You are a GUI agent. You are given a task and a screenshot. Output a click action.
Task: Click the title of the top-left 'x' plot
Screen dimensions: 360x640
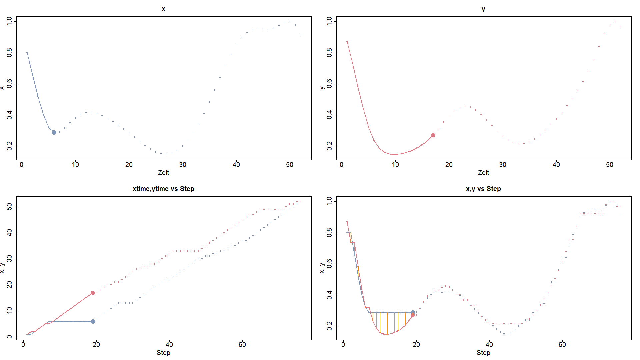tap(163, 9)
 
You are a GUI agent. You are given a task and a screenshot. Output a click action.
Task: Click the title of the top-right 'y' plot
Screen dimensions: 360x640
tap(483, 9)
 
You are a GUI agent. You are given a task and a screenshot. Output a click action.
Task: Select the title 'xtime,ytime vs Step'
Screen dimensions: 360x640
tap(163, 189)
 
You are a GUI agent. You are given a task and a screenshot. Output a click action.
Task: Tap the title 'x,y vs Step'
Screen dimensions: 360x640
tap(483, 189)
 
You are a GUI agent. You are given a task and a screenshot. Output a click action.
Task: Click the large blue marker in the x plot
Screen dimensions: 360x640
tap(54, 132)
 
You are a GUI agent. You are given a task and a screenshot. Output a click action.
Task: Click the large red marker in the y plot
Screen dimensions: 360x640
tap(433, 135)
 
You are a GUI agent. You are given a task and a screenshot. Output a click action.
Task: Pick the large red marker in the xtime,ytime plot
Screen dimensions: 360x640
tap(93, 293)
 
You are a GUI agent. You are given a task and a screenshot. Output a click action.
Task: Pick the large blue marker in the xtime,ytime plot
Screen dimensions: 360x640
tap(93, 321)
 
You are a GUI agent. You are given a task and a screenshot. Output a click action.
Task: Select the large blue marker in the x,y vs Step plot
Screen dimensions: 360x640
tap(413, 312)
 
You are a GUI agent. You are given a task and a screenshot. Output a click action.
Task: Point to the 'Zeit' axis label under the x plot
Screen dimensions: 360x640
tap(163, 173)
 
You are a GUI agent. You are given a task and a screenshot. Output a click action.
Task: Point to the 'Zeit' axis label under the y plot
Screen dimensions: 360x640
tap(483, 173)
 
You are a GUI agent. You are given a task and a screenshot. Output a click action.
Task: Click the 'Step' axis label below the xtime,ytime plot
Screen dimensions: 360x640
tap(163, 353)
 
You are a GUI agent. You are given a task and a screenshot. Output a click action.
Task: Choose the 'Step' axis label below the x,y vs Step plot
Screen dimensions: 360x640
tap(483, 353)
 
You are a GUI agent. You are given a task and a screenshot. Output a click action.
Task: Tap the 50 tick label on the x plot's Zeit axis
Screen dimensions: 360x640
tap(290, 165)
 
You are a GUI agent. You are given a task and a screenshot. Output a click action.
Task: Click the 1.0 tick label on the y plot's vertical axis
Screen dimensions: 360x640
tap(329, 21)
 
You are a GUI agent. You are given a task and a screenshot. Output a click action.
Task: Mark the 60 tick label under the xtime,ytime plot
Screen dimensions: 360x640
tap(242, 345)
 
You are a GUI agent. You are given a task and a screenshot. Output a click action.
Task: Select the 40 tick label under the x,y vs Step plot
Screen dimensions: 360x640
tap(489, 345)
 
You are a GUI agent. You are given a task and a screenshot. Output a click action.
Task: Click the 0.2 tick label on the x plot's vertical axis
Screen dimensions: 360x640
tap(9, 146)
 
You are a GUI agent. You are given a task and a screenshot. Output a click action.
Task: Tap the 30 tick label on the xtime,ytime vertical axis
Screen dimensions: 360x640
tap(9, 259)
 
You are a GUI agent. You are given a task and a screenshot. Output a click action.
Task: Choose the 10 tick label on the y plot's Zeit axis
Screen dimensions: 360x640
tap(395, 165)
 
